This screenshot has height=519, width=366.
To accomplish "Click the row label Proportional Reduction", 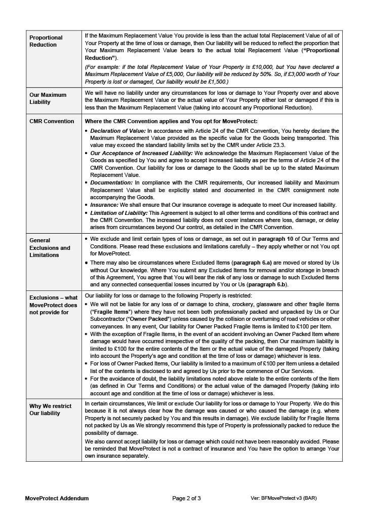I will point(46,41).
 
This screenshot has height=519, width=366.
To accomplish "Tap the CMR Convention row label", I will point(52,121).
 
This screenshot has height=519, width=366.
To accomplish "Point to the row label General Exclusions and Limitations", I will point(50,248).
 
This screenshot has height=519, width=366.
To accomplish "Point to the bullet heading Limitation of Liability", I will point(119,213).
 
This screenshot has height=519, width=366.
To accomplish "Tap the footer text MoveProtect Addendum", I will point(57,498).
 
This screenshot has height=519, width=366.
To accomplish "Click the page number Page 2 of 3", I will point(186,498).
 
